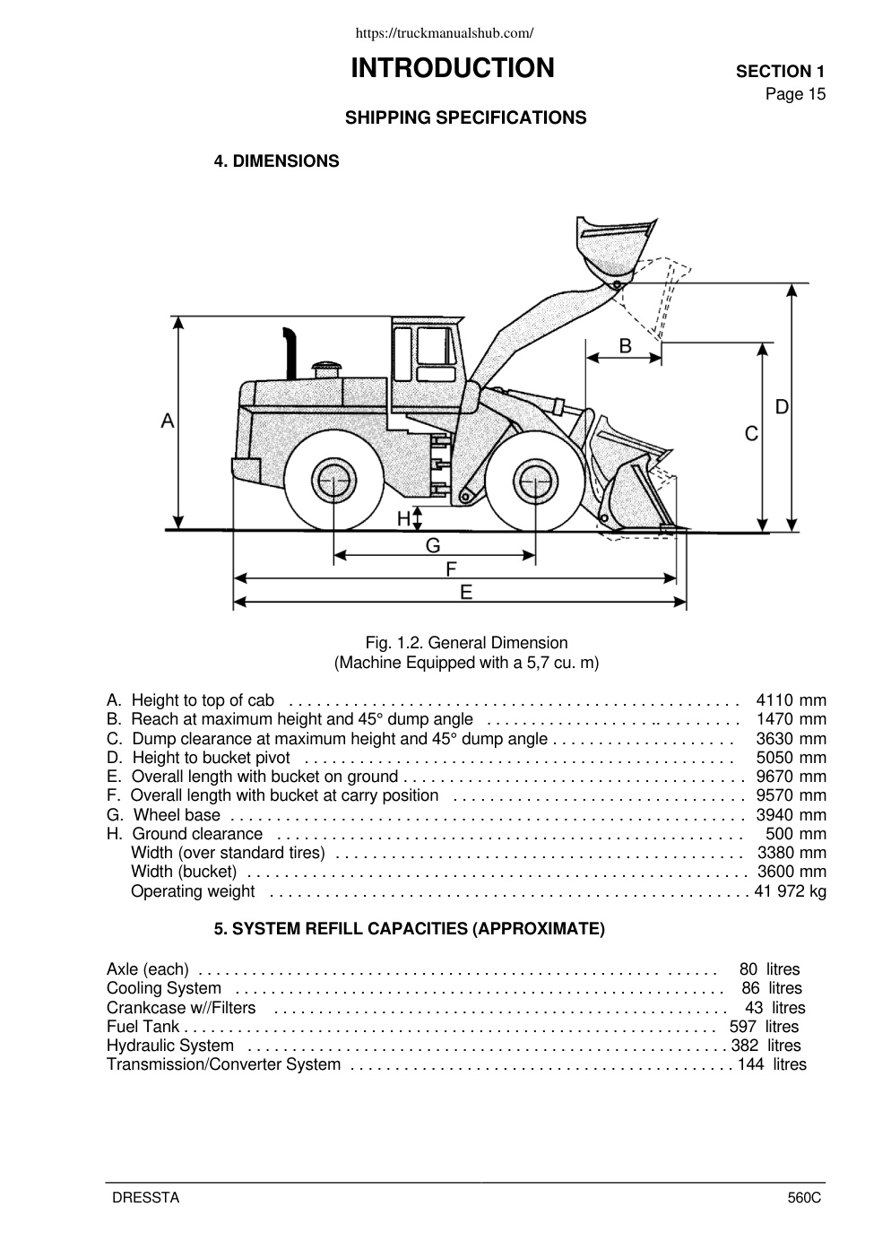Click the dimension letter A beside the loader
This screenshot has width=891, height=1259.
tap(168, 421)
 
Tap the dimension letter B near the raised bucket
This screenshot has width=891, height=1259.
tap(625, 345)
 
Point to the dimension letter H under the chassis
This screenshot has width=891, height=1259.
tap(403, 518)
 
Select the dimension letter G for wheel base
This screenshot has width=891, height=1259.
tap(433, 545)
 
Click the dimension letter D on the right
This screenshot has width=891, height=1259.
tap(782, 406)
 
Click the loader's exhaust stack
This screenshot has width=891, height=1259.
tap(290, 353)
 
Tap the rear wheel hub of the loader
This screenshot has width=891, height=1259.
tap(333, 481)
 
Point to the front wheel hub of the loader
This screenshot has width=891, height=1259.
tap(535, 482)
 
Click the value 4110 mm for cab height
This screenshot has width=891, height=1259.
tap(791, 699)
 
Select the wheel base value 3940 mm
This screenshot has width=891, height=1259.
tap(791, 814)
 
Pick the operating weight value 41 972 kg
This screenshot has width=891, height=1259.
tap(790, 890)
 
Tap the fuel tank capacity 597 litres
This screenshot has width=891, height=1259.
tap(764, 1027)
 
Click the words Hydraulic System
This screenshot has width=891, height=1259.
tap(170, 1046)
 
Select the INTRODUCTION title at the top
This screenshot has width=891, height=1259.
tap(453, 68)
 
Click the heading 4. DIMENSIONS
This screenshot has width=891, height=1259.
tap(276, 161)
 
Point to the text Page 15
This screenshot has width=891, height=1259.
tap(795, 94)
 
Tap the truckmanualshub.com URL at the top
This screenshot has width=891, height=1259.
tap(445, 33)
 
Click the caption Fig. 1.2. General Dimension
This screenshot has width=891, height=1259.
tap(466, 642)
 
